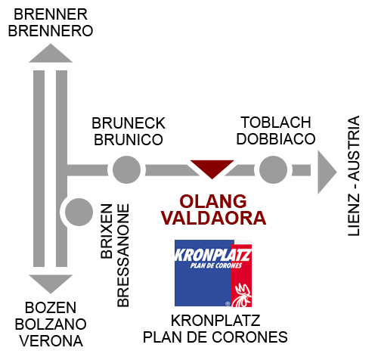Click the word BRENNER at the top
click(51, 14)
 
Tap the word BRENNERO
click(51, 31)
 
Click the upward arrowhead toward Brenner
click(51, 53)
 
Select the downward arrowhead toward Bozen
click(51, 284)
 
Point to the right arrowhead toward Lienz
click(327, 172)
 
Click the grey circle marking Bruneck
click(126, 169)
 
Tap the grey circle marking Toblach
click(273, 169)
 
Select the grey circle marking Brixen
click(79, 212)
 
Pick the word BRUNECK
click(129, 123)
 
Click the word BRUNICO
click(129, 140)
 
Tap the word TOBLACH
click(276, 123)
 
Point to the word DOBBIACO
click(276, 139)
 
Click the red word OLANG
click(213, 201)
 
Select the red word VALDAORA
click(213, 218)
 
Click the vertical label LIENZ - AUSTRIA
click(354, 176)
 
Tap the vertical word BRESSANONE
click(123, 256)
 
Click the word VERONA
click(51, 341)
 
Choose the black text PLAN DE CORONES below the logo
click(215, 337)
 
